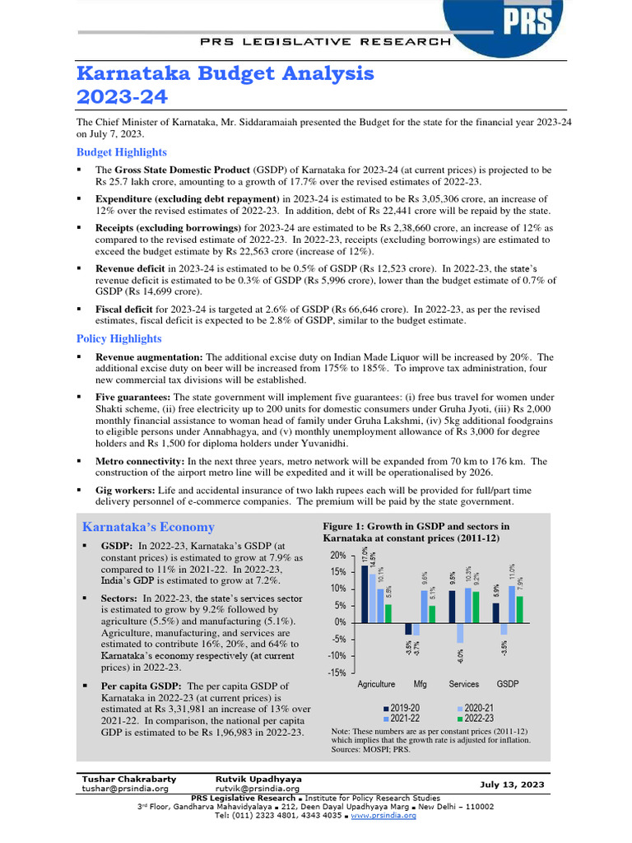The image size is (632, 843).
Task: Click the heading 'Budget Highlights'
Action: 121,152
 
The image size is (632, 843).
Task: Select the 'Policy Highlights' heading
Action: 118,338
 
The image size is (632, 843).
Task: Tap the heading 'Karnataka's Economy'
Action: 148,527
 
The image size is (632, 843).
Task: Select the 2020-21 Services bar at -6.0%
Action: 461,631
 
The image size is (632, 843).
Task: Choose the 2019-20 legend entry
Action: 402,707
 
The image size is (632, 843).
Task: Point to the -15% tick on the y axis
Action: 337,673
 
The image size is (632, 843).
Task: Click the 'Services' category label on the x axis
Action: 464,684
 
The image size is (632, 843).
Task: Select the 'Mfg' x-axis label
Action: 420,684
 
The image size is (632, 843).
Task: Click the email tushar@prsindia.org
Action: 124,788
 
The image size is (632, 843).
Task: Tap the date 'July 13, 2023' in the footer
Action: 511,785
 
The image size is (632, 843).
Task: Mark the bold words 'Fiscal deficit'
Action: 125,309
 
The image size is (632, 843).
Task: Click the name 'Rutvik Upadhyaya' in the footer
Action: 258,778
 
